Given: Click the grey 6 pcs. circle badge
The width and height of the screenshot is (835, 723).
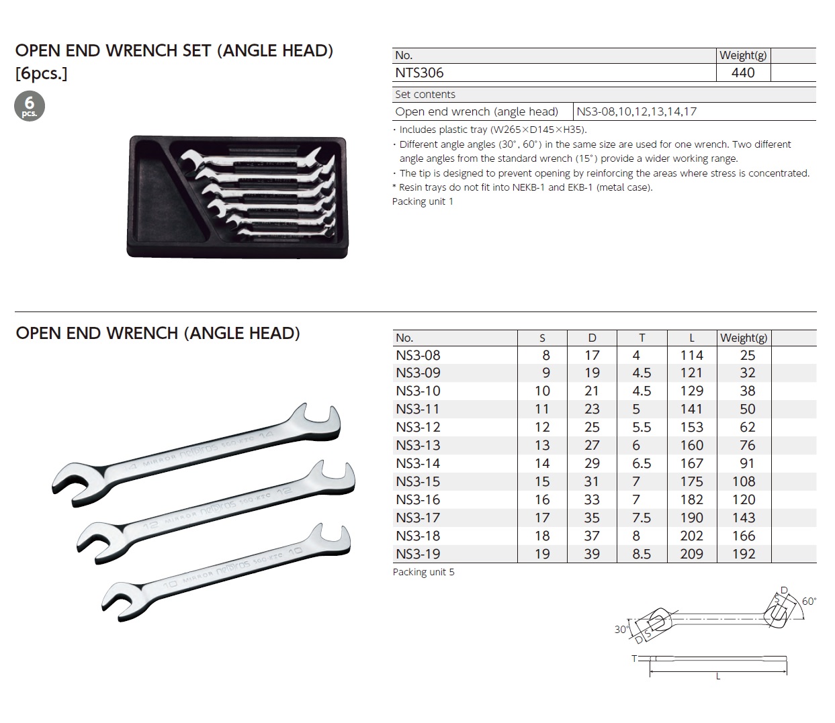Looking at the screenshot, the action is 30,106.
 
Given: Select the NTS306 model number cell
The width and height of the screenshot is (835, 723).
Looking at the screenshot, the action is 419,73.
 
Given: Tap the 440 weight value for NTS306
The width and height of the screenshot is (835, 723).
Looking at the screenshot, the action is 743,73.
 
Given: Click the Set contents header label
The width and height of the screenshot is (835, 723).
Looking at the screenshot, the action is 425,95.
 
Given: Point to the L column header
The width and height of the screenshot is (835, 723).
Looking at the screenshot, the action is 692,338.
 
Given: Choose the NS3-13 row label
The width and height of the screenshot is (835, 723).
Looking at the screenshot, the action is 418,445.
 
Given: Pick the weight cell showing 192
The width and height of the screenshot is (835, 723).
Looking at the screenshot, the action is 744,554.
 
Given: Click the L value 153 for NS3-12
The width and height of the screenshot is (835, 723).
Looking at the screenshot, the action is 692,427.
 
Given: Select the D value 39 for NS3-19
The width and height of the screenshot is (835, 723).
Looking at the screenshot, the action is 592,554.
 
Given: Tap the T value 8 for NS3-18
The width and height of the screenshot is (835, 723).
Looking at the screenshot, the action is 636,536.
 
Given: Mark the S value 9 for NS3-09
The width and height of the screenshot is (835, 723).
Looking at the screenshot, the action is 545,373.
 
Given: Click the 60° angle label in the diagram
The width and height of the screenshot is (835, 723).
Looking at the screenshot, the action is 809,601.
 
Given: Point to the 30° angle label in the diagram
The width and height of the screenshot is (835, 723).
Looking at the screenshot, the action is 621,629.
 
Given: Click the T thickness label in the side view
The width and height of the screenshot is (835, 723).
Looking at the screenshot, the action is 634,659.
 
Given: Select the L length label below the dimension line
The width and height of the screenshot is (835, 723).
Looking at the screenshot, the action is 718,677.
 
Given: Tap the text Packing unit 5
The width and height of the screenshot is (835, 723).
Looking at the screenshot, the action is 423,572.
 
